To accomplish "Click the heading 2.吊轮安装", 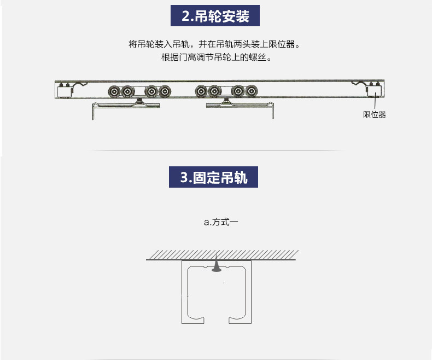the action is tap(215, 16).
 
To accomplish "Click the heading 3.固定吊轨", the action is tap(213, 177).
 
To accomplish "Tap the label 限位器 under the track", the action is tap(375, 114).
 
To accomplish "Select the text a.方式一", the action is tap(221, 222).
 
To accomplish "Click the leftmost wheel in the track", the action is tap(114, 91).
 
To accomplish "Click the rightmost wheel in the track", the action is tap(252, 91).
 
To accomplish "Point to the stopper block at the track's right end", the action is tap(375, 90).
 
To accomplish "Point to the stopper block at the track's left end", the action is tap(65, 92).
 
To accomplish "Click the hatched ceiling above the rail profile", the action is tap(222, 255).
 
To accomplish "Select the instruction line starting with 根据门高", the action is tap(217, 57).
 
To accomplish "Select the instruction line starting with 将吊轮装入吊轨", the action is tap(214, 44).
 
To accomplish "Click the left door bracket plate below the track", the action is tap(126, 105).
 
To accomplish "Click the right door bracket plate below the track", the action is tap(240, 105).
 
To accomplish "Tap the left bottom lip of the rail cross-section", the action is tap(196, 320).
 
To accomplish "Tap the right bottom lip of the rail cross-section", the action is tap(237, 320).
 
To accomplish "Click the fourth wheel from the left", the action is tap(165, 91).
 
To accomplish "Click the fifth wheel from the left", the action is tap(201, 91).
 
